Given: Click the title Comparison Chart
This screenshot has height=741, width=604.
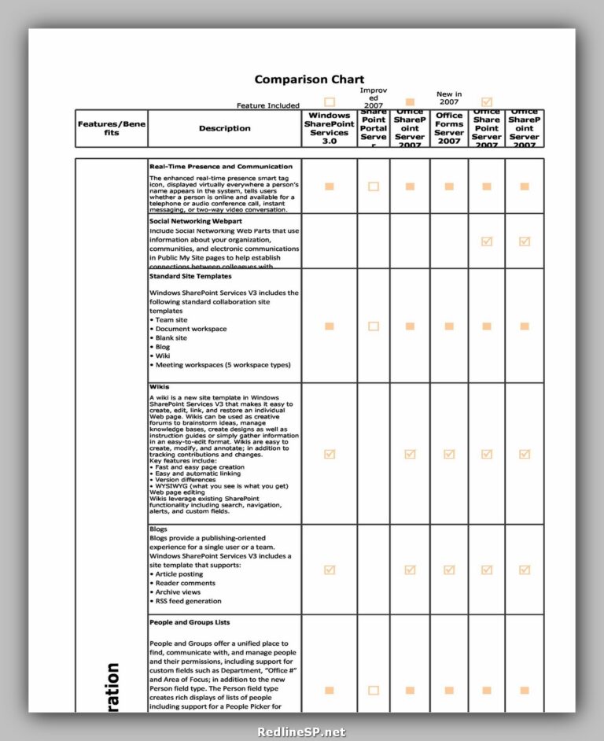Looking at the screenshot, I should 309,79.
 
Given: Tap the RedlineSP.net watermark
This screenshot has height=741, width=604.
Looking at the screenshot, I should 301,732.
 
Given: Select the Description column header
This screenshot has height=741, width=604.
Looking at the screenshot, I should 224,128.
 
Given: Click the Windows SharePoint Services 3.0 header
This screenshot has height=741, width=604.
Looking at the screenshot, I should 330,128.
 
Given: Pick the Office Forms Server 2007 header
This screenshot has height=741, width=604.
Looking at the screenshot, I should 449,128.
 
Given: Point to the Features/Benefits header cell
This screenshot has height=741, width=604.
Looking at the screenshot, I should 111,128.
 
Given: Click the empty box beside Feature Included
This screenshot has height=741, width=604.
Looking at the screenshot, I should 330,102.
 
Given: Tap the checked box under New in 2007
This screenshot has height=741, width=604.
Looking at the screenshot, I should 487,102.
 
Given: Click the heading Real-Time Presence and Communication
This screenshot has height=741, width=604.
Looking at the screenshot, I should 221,167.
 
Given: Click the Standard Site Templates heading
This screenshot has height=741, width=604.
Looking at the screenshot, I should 190,276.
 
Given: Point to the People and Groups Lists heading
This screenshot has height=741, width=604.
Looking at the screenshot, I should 190,622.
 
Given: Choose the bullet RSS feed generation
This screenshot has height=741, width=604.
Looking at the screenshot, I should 188,601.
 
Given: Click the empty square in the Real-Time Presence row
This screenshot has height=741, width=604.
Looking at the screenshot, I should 374,186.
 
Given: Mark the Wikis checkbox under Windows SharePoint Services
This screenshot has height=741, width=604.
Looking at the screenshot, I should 330,454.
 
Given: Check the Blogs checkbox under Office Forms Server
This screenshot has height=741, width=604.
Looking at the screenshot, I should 449,570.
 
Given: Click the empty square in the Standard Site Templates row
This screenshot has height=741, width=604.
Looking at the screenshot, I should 374,326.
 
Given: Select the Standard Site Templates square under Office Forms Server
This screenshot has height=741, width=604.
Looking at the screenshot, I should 449,326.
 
